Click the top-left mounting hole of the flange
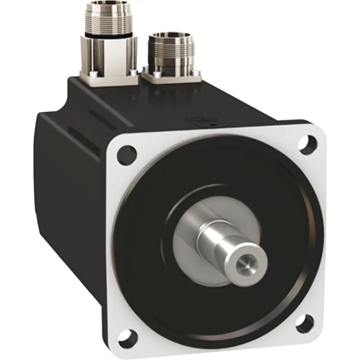pyautogui.click(x=127, y=154)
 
